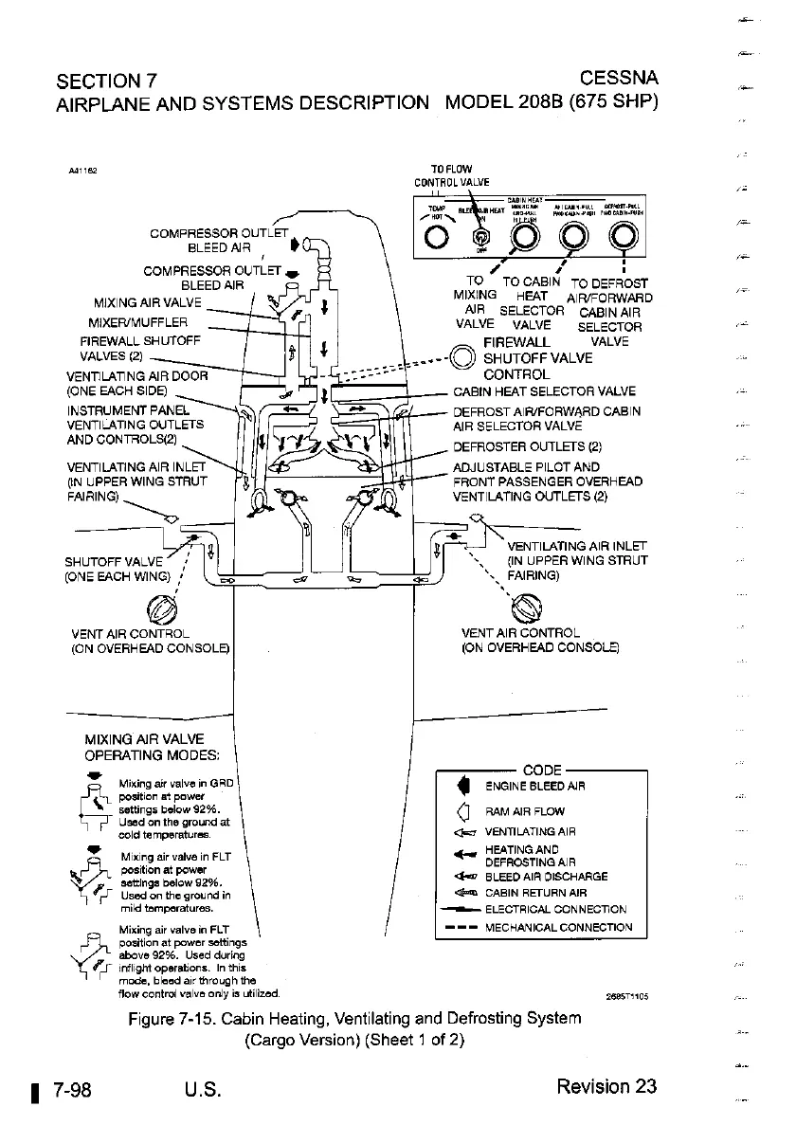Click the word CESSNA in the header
pos(620,77)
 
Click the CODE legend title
pos(542,770)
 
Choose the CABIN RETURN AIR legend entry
pos(535,893)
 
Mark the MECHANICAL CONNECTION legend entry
pos(557,928)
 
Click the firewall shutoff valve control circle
pos(463,357)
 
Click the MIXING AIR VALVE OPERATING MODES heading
pos(152,748)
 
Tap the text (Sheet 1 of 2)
pos(353,1040)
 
